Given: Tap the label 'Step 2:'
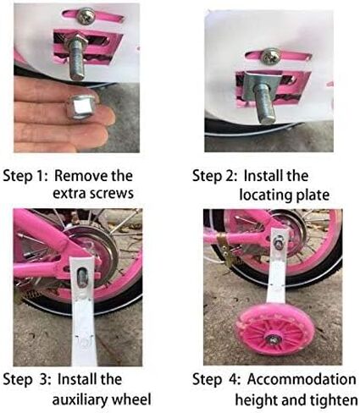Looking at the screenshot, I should (214, 177).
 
